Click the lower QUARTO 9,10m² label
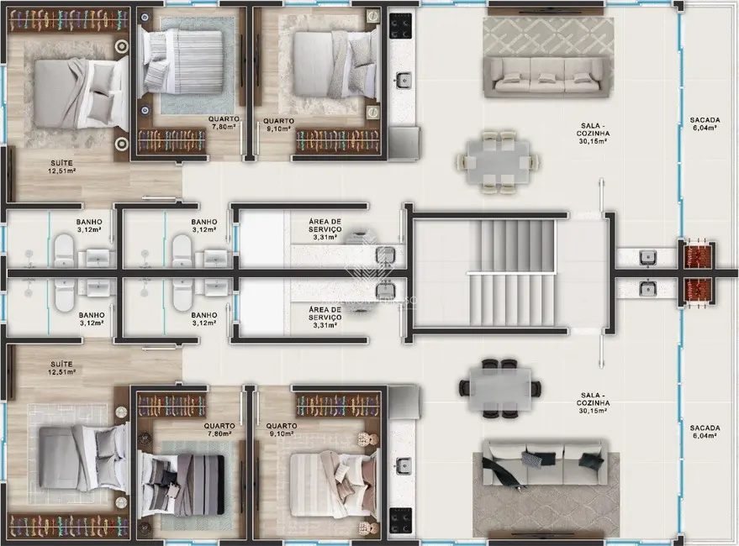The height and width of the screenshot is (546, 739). click(x=278, y=429)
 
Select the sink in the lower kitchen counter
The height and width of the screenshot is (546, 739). click(x=404, y=465)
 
